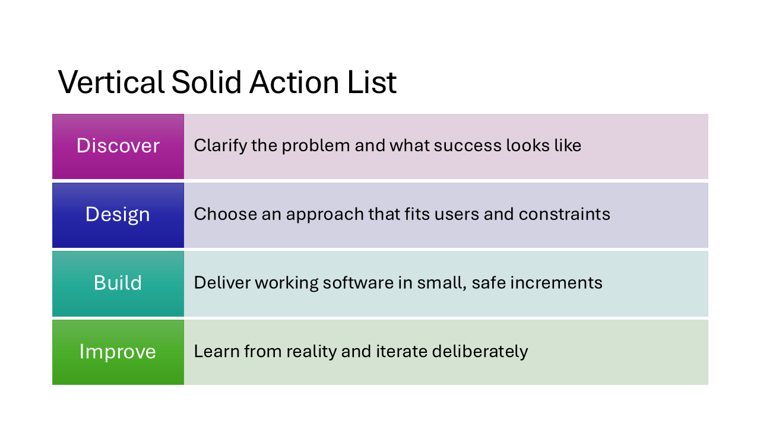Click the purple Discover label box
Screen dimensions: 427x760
(118, 146)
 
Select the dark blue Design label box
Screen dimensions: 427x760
(118, 215)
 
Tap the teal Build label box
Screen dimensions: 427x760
(118, 283)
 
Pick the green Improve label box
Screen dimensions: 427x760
(118, 352)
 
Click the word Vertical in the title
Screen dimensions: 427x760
(111, 82)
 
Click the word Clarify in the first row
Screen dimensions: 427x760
(220, 146)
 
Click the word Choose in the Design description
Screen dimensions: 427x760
(221, 214)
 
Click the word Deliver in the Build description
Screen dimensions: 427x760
(220, 283)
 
